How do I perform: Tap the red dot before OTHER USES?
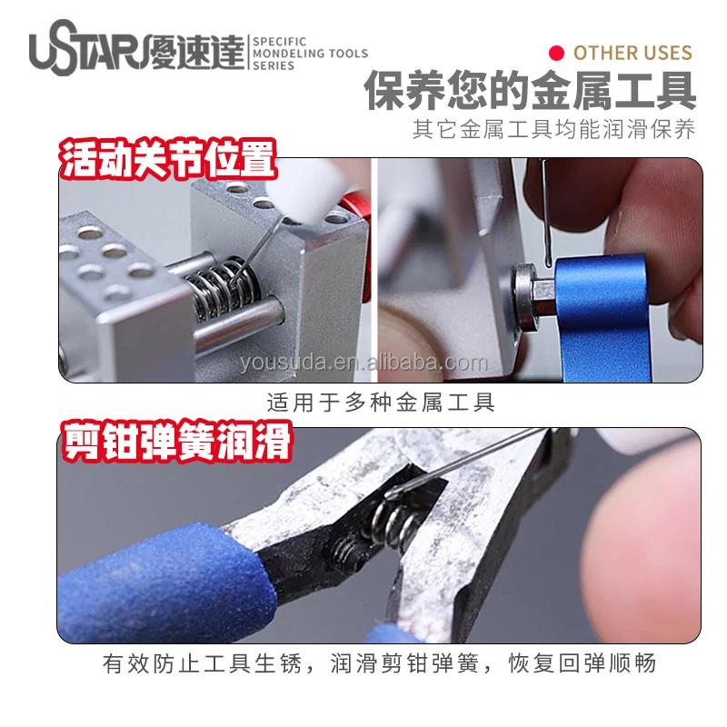(x=558, y=53)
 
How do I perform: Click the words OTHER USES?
(x=632, y=53)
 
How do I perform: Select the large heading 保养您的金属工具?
(x=531, y=91)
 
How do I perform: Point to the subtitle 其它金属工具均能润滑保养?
(x=554, y=130)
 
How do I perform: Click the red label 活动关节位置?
(x=167, y=161)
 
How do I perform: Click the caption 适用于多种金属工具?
(x=382, y=402)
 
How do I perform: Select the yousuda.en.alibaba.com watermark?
(x=363, y=363)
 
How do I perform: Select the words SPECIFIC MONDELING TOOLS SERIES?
(x=309, y=54)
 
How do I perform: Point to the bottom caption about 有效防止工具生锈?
(x=380, y=663)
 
